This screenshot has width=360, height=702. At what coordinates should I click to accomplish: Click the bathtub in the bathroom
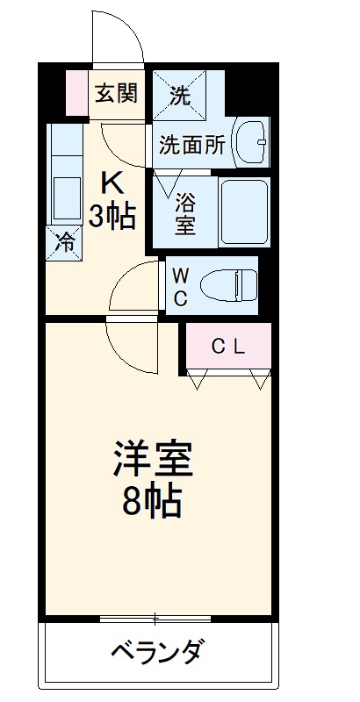click(x=242, y=213)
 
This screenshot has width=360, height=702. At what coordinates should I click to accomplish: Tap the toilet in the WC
click(x=227, y=287)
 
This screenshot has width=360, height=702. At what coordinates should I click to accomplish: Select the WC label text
click(x=180, y=287)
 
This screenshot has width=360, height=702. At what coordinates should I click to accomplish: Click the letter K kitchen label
click(x=113, y=182)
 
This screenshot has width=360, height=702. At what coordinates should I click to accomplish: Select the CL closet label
click(x=229, y=347)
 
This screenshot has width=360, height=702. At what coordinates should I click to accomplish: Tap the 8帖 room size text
click(x=154, y=502)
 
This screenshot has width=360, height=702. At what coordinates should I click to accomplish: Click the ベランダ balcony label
click(x=159, y=653)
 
